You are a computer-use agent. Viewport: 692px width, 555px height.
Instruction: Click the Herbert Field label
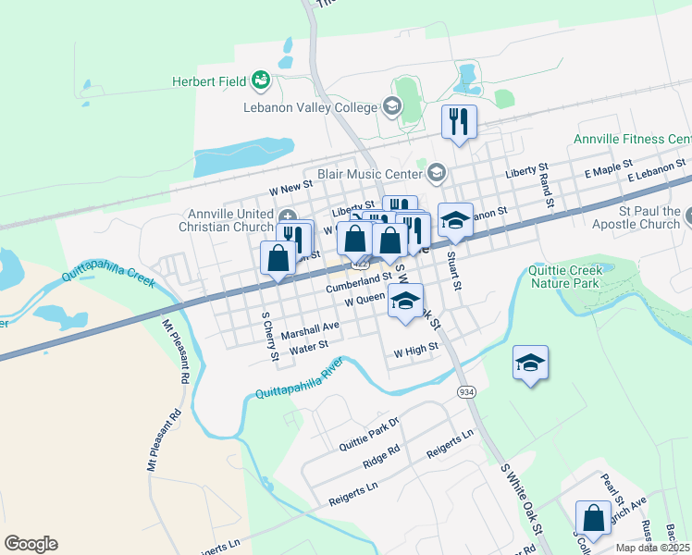click(208, 81)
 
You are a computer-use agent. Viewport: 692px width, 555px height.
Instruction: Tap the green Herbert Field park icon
click(262, 81)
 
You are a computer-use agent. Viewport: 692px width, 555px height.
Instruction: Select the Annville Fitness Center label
click(632, 139)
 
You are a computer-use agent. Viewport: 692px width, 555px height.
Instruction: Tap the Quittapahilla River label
click(300, 377)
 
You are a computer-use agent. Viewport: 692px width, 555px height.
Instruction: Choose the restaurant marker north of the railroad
click(459, 121)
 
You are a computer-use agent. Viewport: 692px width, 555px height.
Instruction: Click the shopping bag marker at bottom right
click(592, 518)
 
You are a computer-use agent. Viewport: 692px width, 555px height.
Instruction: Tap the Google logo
click(31, 544)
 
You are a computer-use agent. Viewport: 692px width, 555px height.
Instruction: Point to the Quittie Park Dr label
click(368, 428)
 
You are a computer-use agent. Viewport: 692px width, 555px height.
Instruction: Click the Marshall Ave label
click(311, 328)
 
